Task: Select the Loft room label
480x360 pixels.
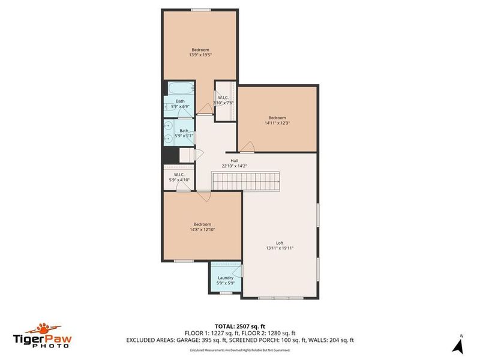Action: coord(280,243)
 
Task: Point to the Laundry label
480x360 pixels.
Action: coord(226,278)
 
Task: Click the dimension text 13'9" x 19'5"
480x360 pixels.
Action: coord(200,55)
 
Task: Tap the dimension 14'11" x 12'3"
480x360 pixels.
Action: coord(277,124)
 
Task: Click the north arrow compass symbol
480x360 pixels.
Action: coord(459,344)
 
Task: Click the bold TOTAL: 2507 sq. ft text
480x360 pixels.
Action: coord(240,326)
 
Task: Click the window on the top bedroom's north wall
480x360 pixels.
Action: coord(200,9)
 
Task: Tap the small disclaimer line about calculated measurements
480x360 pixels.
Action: coord(240,349)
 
